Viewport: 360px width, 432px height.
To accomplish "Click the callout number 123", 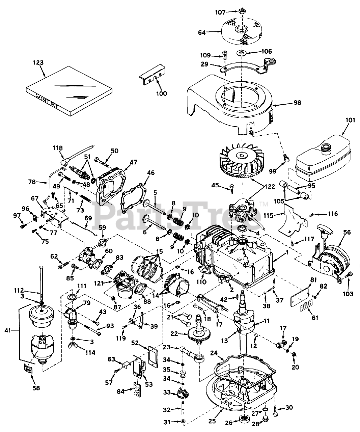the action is tap(38, 62).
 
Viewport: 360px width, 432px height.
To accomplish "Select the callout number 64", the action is tap(202, 32).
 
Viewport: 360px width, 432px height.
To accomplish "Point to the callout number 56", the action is tap(347, 232).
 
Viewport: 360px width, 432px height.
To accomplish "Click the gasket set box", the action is tap(69, 90).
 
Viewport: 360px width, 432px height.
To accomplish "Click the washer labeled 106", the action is tap(241, 53).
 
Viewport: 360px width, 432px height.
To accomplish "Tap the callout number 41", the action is tap(8, 330).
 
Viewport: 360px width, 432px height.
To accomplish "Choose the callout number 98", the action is tap(297, 102).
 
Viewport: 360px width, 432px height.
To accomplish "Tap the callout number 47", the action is tap(134, 162).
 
